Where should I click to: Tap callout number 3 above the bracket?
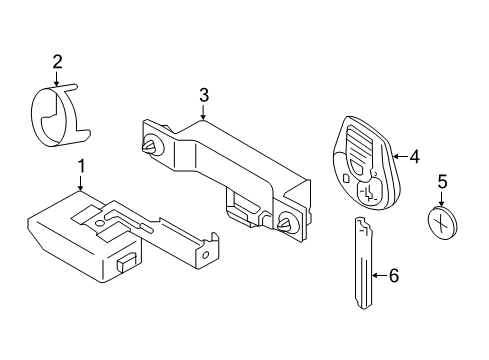203,96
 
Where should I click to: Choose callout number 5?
442,183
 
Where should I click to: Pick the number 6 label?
392,274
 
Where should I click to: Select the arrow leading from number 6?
378,274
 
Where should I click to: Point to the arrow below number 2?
57,80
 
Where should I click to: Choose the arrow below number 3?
203,113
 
